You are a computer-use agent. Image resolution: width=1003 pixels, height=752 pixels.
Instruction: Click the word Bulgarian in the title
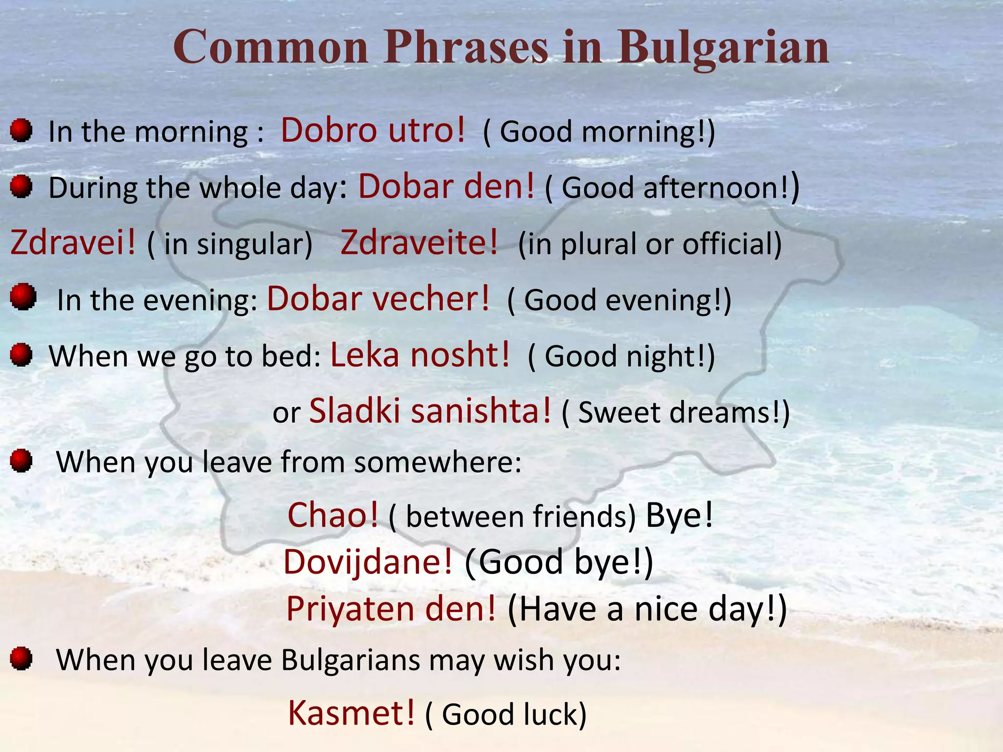pyautogui.click(x=723, y=47)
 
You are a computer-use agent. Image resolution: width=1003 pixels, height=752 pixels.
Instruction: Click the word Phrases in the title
pyautogui.click(x=465, y=47)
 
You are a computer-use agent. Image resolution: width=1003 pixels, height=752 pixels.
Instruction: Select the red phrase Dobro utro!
pyautogui.click(x=373, y=131)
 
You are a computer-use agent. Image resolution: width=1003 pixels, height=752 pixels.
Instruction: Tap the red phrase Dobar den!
pyautogui.click(x=446, y=187)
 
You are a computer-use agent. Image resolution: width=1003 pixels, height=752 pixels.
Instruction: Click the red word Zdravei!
pyautogui.click(x=72, y=243)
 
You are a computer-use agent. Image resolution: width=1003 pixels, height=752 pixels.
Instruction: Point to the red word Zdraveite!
pyautogui.click(x=419, y=243)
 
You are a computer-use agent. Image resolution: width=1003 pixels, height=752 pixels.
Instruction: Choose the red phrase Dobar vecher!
pyautogui.click(x=378, y=299)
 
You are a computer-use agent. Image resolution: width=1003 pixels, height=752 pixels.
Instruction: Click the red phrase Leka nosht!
pyautogui.click(x=420, y=355)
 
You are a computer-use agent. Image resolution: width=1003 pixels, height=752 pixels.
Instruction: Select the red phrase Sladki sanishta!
pyautogui.click(x=430, y=411)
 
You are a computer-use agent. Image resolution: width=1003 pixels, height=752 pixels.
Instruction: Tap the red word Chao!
pyautogui.click(x=333, y=516)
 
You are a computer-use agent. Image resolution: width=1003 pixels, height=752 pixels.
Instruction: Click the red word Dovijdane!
pyautogui.click(x=368, y=562)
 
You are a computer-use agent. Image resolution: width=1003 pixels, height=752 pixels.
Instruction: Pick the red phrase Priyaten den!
pyautogui.click(x=391, y=609)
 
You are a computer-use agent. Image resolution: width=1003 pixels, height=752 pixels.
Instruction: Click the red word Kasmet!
pyautogui.click(x=351, y=713)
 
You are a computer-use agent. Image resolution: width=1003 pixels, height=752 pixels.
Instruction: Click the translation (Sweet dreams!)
pyautogui.click(x=676, y=413)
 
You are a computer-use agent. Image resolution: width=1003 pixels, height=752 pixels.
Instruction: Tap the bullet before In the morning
pyautogui.click(x=21, y=131)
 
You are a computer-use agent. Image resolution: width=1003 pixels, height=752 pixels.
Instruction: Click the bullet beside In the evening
pyautogui.click(x=23, y=297)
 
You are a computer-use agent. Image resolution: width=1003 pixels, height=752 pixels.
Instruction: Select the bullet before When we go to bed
pyautogui.click(x=21, y=354)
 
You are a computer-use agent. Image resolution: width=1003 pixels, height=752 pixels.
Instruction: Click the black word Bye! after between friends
pyautogui.click(x=679, y=516)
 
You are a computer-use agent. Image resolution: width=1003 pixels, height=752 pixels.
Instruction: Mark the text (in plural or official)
pyautogui.click(x=650, y=244)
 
